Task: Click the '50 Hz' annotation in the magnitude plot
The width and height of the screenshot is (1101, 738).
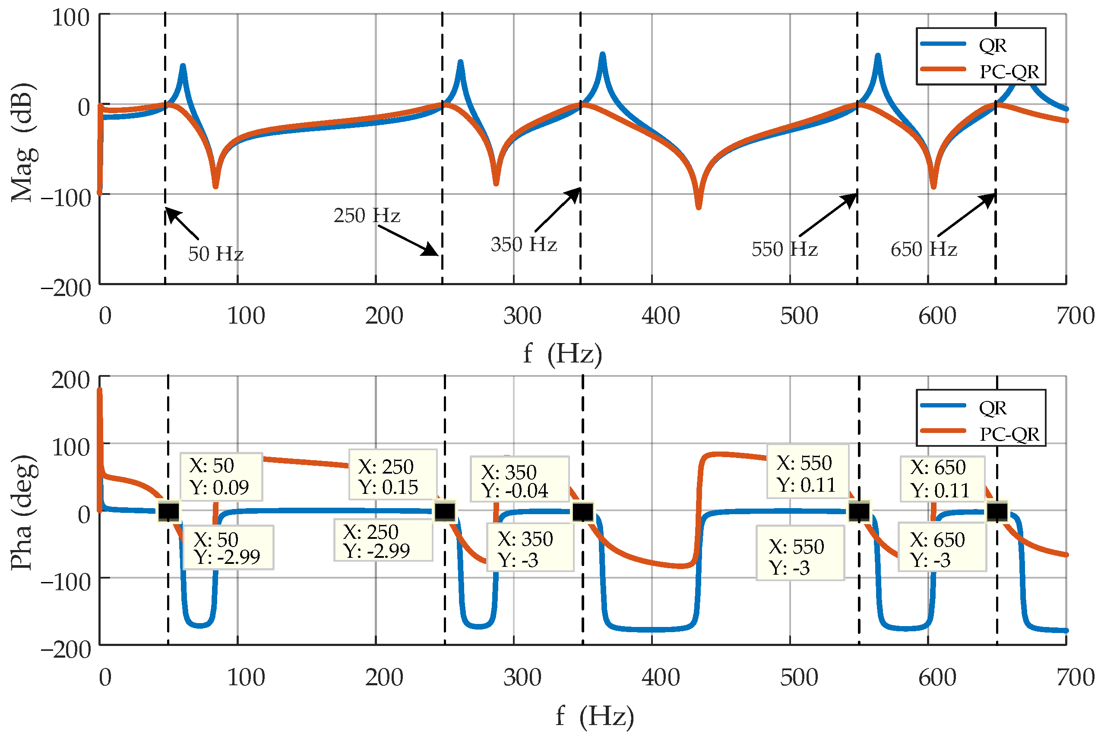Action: click(x=215, y=254)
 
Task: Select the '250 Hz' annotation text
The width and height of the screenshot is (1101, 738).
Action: click(x=367, y=216)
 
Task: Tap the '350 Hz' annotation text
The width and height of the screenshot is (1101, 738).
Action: click(x=523, y=244)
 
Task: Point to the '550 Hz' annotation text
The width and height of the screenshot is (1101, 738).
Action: click(x=784, y=249)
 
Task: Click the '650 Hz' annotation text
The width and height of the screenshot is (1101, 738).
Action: click(x=923, y=249)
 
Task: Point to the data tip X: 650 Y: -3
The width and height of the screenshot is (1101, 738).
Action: click(x=942, y=547)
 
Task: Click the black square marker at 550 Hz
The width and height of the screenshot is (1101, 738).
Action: click(x=859, y=511)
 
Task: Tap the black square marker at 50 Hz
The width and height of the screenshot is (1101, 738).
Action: click(x=168, y=511)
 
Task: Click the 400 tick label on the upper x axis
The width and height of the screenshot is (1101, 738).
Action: click(x=660, y=316)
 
